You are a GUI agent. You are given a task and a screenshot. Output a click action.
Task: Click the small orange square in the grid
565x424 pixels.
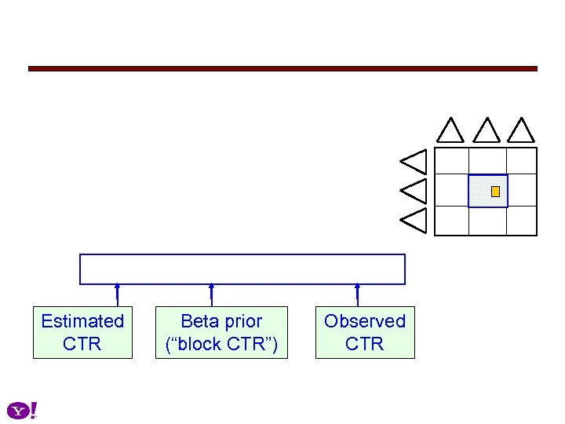pos(495,192)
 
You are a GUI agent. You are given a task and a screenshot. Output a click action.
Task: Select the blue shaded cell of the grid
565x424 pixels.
pos(480,191)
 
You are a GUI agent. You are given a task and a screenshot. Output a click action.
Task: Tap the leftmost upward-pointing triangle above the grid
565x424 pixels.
pos(450,131)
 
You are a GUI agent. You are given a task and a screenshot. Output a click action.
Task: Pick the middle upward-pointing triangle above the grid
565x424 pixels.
pos(487,131)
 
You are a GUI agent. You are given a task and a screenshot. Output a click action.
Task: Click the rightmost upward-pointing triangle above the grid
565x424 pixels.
pos(521,131)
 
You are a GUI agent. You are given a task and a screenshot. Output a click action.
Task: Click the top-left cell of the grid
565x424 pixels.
pos(452,161)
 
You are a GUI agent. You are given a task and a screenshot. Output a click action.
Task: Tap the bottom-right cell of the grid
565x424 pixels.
pos(522,221)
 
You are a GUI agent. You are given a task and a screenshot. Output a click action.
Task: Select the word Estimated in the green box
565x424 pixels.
pos(82,321)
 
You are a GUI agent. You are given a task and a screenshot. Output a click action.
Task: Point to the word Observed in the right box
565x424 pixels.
pos(365,321)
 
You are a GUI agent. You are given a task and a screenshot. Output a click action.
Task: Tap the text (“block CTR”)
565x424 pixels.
pos(221,344)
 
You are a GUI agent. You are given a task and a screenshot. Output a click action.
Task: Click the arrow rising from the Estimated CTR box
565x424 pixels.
pos(117,294)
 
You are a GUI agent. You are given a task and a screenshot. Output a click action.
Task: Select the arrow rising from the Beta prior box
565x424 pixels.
pos(211,294)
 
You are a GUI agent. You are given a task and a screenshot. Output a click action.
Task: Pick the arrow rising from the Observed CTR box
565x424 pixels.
pos(357,294)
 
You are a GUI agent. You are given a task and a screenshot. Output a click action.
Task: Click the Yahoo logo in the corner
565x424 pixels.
pos(22,411)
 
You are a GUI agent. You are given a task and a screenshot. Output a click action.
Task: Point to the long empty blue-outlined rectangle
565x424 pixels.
pos(242,269)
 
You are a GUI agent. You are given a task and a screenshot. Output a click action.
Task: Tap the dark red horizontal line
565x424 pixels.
pos(282,69)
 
